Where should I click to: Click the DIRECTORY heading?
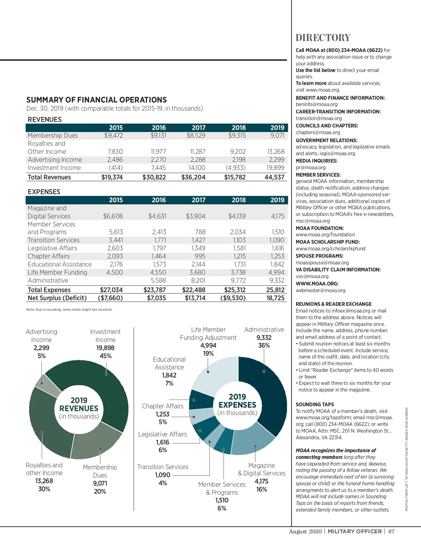pyautogui.click(x=323, y=38)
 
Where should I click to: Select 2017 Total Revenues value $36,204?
pyautogui.click(x=193, y=177)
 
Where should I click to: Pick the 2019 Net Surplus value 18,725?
pyautogui.click(x=275, y=298)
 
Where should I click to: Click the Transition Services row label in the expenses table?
pyautogui.click(x=54, y=240)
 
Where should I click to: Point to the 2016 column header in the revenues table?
pyautogui.click(x=159, y=128)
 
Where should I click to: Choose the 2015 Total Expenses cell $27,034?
pyautogui.click(x=111, y=290)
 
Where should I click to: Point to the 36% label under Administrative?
pyautogui.click(x=264, y=345)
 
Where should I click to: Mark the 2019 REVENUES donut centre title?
pyautogui.click(x=79, y=404)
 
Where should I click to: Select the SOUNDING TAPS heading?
pyautogui.click(x=315, y=404)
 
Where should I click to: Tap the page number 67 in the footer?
pyautogui.click(x=392, y=531)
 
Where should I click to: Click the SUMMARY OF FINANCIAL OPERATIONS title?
pyautogui.click(x=96, y=100)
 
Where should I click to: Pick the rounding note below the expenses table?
pyautogui.click(x=69, y=310)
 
